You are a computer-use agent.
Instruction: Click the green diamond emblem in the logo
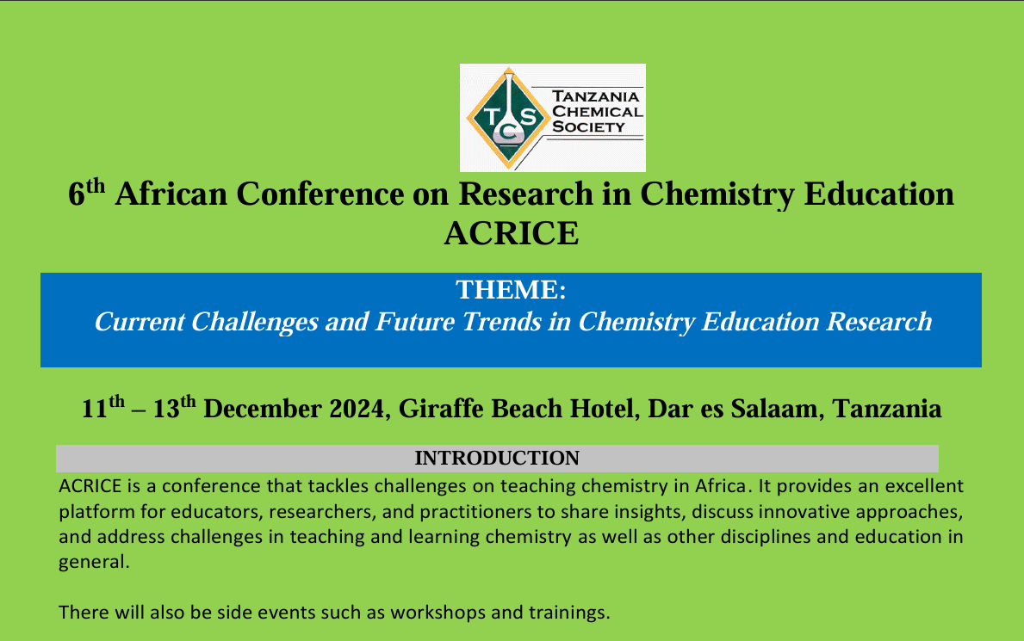click(508, 118)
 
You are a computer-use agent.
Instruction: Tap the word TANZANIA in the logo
click(596, 96)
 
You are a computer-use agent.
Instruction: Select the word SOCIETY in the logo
click(588, 126)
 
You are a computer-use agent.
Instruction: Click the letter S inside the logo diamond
click(528, 117)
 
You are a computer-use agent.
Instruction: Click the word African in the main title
click(171, 194)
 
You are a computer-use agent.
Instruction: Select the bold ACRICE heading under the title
click(512, 233)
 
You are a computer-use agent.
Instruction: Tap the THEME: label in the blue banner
click(511, 289)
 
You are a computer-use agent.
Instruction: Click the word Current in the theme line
click(140, 321)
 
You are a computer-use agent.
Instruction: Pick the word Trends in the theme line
click(501, 321)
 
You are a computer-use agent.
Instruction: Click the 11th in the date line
click(103, 407)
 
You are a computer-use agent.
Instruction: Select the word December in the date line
click(263, 409)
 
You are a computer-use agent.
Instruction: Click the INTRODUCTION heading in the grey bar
click(497, 459)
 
